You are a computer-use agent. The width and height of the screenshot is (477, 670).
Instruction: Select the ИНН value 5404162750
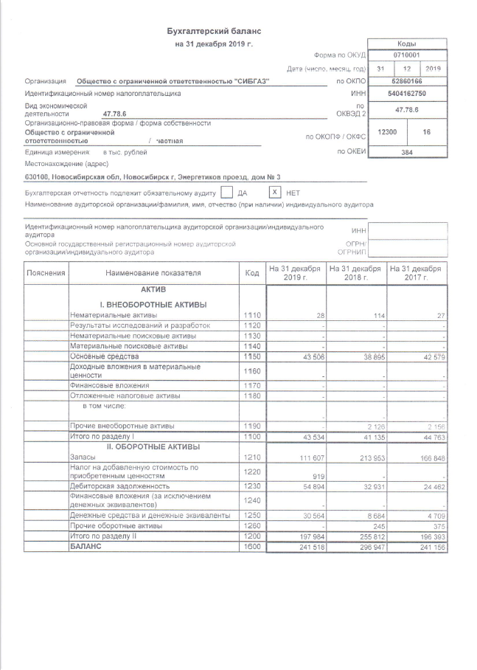click(x=406, y=94)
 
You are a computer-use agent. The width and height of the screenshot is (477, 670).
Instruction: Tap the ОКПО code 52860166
click(x=406, y=80)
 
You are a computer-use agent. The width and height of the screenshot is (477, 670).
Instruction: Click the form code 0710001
click(x=406, y=55)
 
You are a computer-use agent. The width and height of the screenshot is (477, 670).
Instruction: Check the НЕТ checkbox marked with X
click(x=274, y=192)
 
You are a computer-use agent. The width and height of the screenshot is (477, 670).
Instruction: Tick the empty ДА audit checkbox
click(x=227, y=192)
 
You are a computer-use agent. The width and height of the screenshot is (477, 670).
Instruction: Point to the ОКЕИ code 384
click(x=406, y=152)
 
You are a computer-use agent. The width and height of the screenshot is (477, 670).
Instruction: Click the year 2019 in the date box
click(x=433, y=68)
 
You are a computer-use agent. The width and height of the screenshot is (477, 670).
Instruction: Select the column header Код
click(x=252, y=273)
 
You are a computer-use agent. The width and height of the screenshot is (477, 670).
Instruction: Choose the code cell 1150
click(x=252, y=356)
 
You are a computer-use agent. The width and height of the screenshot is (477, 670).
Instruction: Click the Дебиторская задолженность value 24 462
click(x=431, y=487)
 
